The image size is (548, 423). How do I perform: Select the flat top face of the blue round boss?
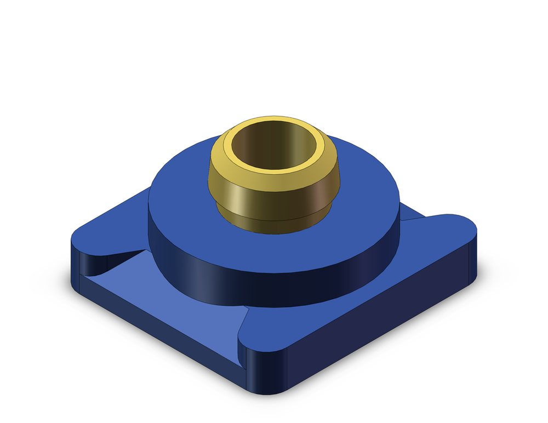pyautogui.click(x=362, y=219)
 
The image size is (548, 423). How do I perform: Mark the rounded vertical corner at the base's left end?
pyautogui.click(x=75, y=263)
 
